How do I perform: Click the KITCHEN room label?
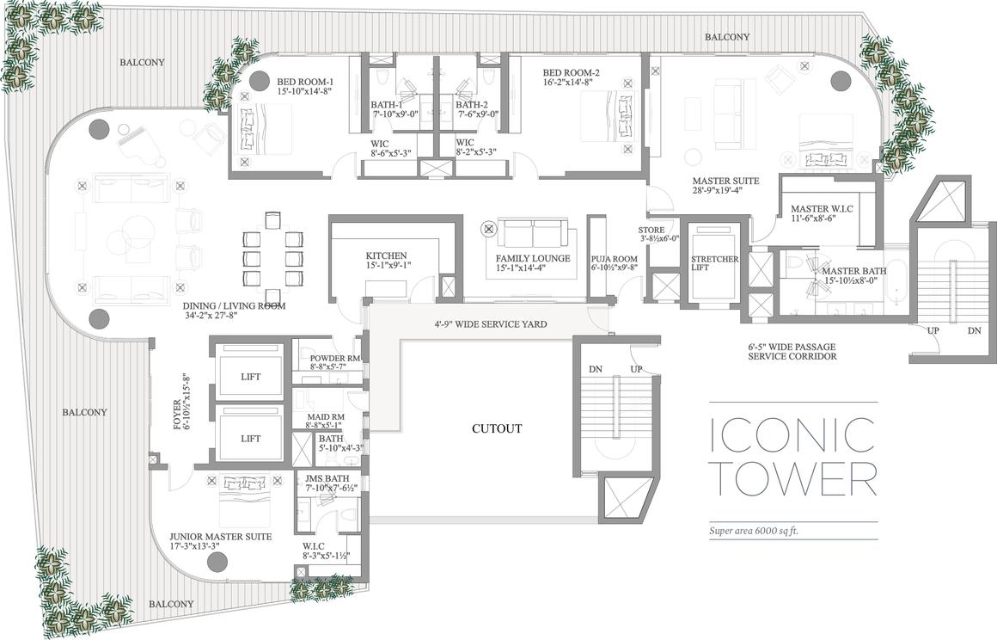click(x=386, y=255)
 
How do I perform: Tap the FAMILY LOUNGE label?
click(x=533, y=258)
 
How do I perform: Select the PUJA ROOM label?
click(x=615, y=259)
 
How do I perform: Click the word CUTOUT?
click(x=498, y=428)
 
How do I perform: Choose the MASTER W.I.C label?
click(x=822, y=209)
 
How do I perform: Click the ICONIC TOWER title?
click(x=793, y=458)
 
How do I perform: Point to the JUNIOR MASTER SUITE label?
click(x=221, y=537)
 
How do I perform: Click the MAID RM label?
click(x=326, y=416)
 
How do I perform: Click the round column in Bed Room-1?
click(x=259, y=80)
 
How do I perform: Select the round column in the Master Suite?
click(x=840, y=81)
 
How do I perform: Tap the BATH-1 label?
click(x=388, y=105)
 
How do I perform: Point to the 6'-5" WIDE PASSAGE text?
click(x=792, y=348)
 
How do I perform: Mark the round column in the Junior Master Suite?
click(x=217, y=562)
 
